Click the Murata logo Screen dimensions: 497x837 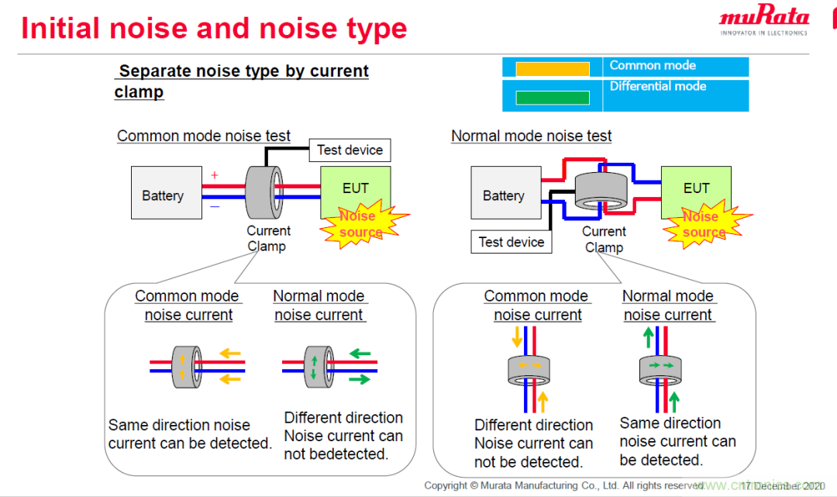pyautogui.click(x=763, y=20)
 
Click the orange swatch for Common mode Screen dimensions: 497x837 pyautogui.click(x=552, y=68)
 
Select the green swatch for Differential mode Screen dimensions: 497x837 pyautogui.click(x=552, y=98)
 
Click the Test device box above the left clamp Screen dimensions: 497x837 pyautogui.click(x=350, y=150)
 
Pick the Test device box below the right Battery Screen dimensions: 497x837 pyautogui.click(x=511, y=242)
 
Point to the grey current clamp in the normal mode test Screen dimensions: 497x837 pyautogui.click(x=601, y=191)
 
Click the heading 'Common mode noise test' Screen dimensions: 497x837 pyautogui.click(x=204, y=136)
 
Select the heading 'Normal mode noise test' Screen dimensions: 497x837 pyautogui.click(x=531, y=136)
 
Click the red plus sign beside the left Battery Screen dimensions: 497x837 pyautogui.click(x=215, y=176)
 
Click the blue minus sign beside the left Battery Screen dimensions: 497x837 pyautogui.click(x=215, y=206)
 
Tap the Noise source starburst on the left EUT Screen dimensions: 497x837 pyautogui.click(x=361, y=224)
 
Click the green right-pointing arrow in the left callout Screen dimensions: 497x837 pyautogui.click(x=360, y=379)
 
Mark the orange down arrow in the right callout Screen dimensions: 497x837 pyautogui.click(x=517, y=337)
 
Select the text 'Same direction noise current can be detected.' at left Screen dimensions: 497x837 pyautogui.click(x=190, y=434)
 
